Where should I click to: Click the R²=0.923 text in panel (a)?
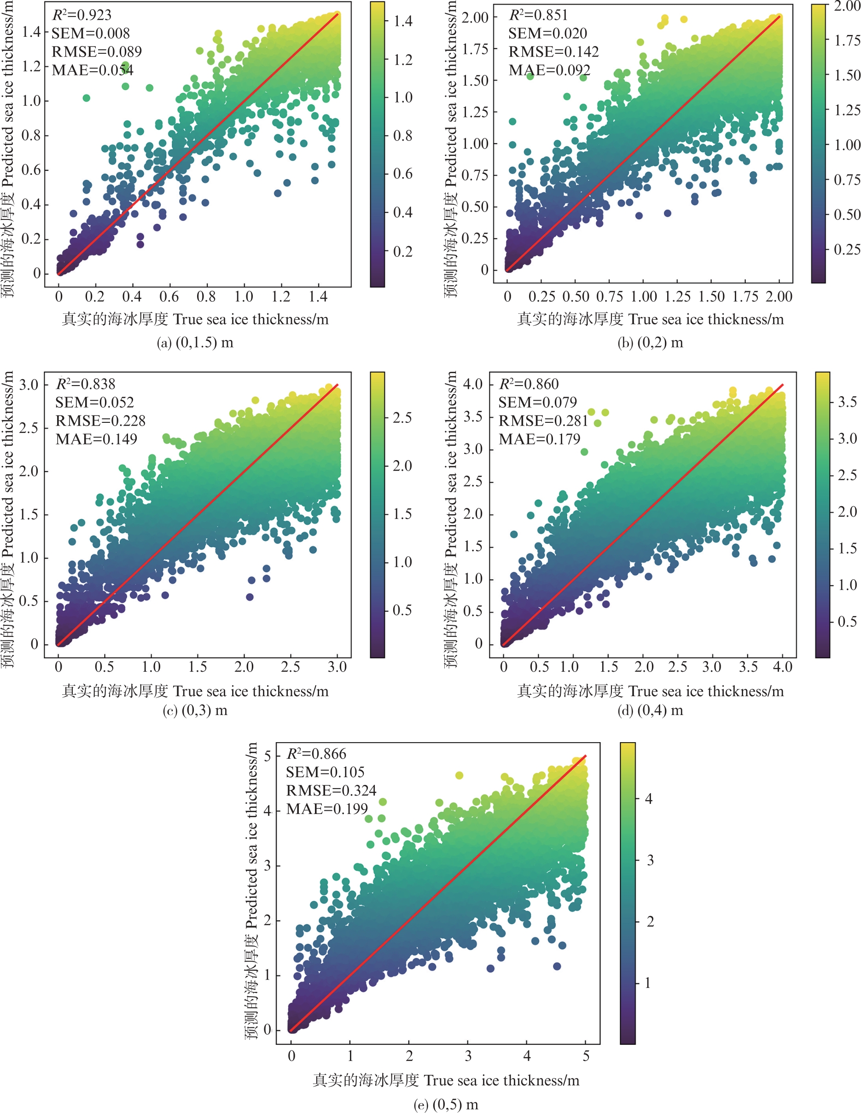tap(81, 15)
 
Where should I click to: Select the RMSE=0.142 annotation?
tap(553, 52)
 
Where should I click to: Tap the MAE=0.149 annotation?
tap(96, 439)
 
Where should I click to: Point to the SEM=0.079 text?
tap(537, 403)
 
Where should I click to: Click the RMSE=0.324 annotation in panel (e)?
tap(331, 790)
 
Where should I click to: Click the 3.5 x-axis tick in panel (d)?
tap(748, 667)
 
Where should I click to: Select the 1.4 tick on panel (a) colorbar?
tap(403, 22)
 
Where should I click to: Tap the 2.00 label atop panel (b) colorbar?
tap(847, 6)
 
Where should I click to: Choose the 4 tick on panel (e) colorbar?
tap(648, 799)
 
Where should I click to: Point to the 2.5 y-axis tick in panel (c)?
tap(29, 427)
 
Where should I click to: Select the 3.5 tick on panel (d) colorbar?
tap(847, 402)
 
